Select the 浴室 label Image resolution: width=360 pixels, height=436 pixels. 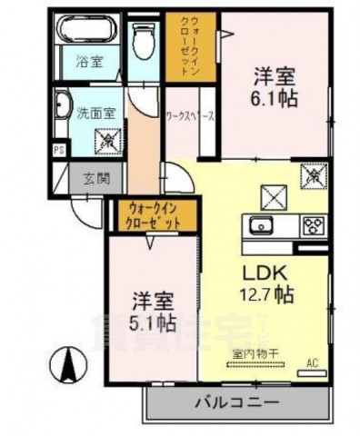(87, 64)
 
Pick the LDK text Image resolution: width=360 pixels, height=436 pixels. (265, 272)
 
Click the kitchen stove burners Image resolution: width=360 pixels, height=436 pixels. (314, 224)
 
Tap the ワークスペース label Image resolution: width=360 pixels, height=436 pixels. (190, 116)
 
